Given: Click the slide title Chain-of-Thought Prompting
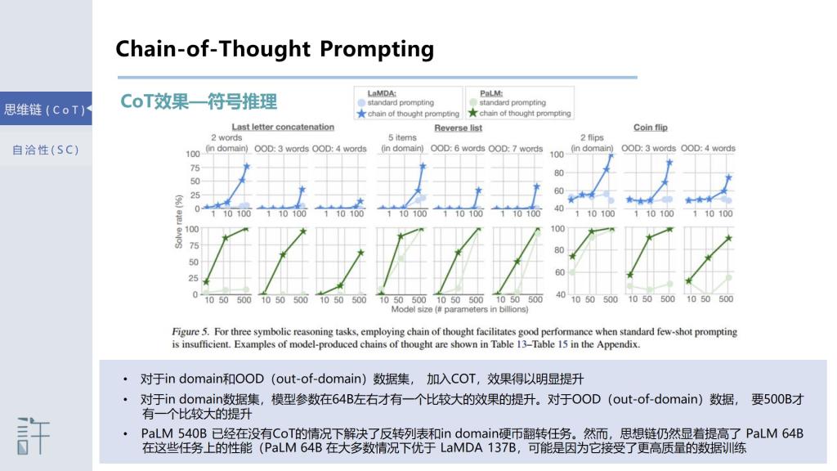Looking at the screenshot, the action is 275,49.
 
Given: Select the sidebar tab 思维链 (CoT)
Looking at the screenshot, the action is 46,110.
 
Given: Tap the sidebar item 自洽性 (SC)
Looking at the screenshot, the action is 46,150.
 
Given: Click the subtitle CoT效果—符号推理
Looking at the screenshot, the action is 199,101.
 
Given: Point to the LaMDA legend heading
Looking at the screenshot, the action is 382,93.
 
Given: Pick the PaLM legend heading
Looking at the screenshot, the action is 490,93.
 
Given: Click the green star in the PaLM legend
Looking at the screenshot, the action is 472,113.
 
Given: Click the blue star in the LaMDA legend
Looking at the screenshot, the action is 361,113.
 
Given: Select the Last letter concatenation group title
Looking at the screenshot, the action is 283,127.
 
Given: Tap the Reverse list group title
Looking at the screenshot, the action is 458,128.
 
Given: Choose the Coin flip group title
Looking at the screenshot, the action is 650,128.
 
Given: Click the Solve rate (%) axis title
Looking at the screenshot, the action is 179,222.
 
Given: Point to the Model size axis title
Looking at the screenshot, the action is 459,309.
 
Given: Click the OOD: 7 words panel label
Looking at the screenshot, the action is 515,149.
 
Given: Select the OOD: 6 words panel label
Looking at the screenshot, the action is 458,149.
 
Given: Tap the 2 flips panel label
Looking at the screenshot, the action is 592,137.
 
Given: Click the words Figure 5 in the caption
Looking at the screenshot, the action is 190,332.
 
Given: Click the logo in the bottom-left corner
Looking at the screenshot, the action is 33,436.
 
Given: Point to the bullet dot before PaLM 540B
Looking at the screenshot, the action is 125,433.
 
